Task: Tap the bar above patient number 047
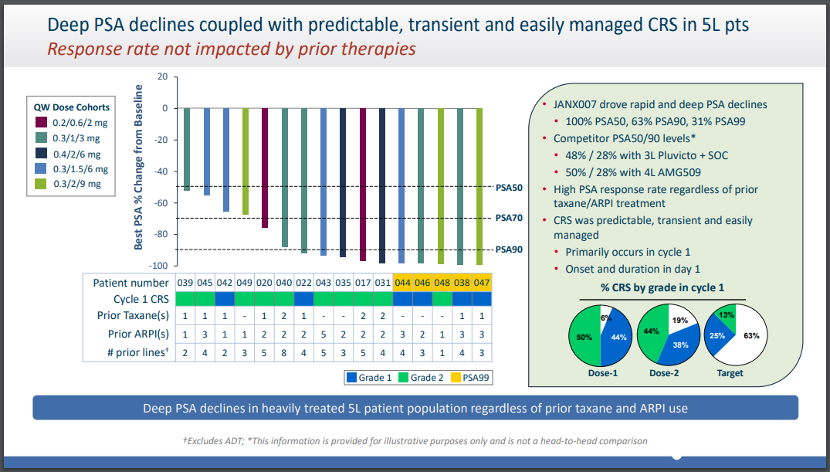pos(479,185)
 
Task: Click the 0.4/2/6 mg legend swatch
pos(40,153)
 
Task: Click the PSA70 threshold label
pos(509,219)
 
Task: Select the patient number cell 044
pos(401,282)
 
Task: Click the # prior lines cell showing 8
pos(284,352)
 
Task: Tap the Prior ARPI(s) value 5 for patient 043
pos(324,334)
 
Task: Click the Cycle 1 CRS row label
pos(141,299)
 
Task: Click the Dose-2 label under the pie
pos(663,373)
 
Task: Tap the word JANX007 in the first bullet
pos(578,104)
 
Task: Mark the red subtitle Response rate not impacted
pos(232,49)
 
